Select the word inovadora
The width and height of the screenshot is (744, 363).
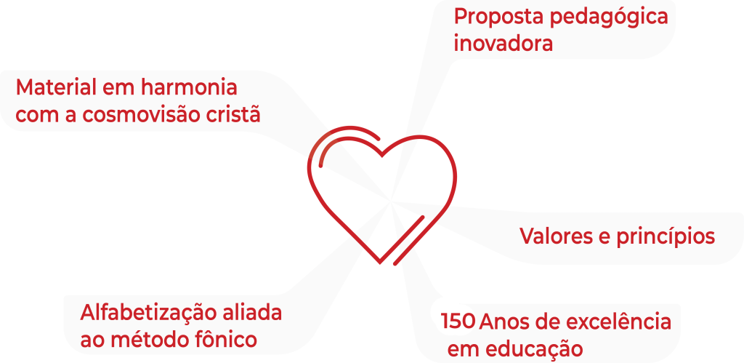[x=504, y=44]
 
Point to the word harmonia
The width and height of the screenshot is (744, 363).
[x=188, y=88]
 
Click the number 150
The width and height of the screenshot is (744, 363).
[x=458, y=322]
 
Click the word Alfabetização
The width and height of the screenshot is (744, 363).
[x=148, y=314]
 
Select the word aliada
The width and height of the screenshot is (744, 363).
[x=252, y=313]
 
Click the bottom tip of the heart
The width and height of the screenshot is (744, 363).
[x=380, y=263]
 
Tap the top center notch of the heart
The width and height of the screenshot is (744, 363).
[x=382, y=156]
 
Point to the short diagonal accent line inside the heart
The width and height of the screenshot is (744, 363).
[x=408, y=240]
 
